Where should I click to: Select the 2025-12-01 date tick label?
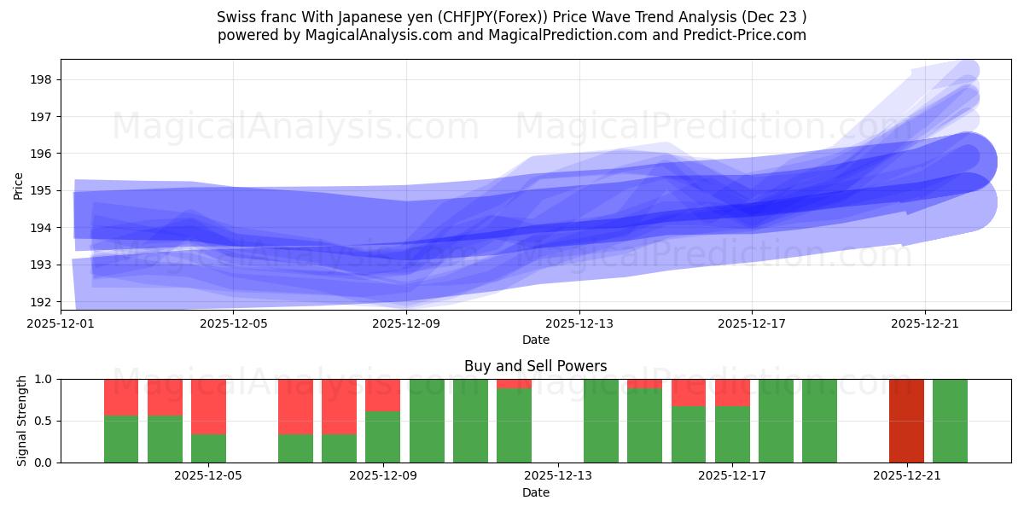(x=61, y=323)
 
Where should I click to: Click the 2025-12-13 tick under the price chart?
(x=579, y=323)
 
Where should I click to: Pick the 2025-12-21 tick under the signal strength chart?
(x=906, y=476)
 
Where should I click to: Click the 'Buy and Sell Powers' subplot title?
(x=535, y=366)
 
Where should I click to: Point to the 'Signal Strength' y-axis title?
(x=21, y=420)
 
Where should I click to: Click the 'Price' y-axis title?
(x=19, y=185)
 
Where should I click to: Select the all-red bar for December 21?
(x=906, y=421)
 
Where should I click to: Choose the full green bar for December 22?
(x=950, y=421)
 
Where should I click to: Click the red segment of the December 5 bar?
(x=208, y=406)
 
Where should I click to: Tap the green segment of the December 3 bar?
(x=121, y=439)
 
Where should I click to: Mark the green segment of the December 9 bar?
(x=383, y=437)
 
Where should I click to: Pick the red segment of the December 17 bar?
(x=732, y=393)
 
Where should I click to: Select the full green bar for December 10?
(x=427, y=421)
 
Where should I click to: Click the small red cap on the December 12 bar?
(x=514, y=383)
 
